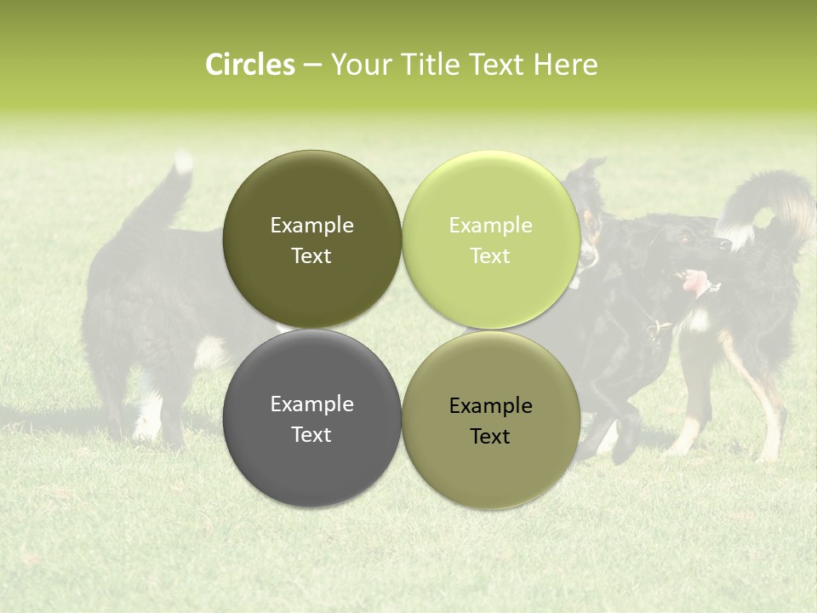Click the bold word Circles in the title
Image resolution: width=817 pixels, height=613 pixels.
pos(250,65)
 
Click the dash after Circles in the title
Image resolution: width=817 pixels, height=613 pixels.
pos(312,66)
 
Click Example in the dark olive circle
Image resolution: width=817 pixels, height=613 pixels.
pos(311,226)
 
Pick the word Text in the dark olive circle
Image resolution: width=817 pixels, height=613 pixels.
pos(311,256)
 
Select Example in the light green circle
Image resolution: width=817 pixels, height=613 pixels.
pos(490,226)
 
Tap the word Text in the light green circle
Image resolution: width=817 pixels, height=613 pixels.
pos(490,256)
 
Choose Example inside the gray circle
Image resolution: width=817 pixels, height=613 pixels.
pos(311,404)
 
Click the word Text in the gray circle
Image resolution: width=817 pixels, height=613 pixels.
pos(311,435)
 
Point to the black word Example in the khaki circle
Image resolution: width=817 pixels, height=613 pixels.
pos(490,406)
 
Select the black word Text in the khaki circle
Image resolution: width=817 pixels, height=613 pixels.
pos(490,437)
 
